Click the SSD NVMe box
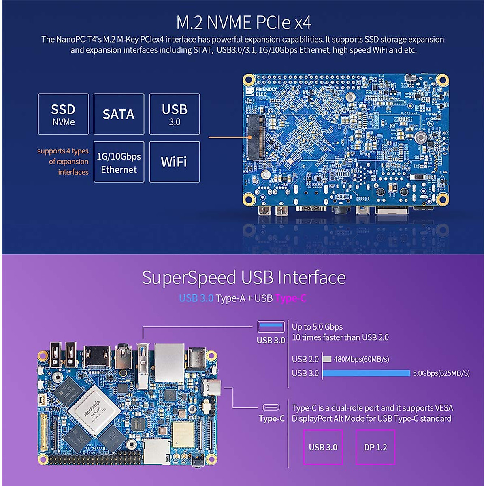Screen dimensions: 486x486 [x=63, y=114]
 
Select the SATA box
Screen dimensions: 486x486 [x=119, y=114]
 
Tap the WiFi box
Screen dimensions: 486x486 [x=174, y=162]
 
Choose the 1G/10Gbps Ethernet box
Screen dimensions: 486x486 [x=119, y=162]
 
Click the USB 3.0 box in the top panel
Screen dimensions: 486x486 [x=174, y=114]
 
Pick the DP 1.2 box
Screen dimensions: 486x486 [x=375, y=447]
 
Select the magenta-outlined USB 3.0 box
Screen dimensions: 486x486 [x=323, y=447]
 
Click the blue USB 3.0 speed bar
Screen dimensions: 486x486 [x=367, y=373]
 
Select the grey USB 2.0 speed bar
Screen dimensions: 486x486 [x=327, y=359]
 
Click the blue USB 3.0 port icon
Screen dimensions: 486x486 [x=271, y=325]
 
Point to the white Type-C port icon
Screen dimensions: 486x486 [x=271, y=407]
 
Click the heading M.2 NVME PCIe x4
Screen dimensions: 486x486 [x=243, y=22]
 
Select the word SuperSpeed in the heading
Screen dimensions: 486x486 [x=189, y=278]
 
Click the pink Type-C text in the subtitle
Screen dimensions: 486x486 [x=290, y=298]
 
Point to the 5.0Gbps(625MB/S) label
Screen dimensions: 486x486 [x=441, y=373]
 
